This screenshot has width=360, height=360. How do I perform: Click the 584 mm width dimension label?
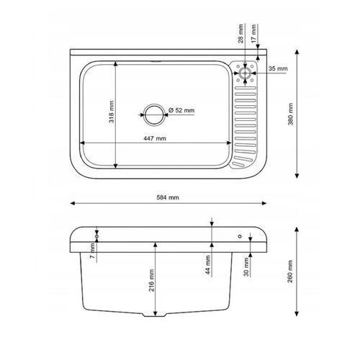[168, 197]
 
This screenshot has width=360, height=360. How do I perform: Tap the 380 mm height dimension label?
[291, 114]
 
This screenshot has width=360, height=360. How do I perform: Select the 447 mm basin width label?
[155, 138]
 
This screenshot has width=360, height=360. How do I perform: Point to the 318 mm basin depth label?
[112, 112]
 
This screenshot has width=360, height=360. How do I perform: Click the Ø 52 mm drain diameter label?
[181, 110]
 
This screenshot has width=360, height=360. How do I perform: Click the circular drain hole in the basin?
[155, 114]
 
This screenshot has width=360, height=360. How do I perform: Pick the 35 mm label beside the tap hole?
[278, 68]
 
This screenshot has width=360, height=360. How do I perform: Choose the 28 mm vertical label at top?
[240, 33]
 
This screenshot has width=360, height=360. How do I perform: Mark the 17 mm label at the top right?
[253, 33]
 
